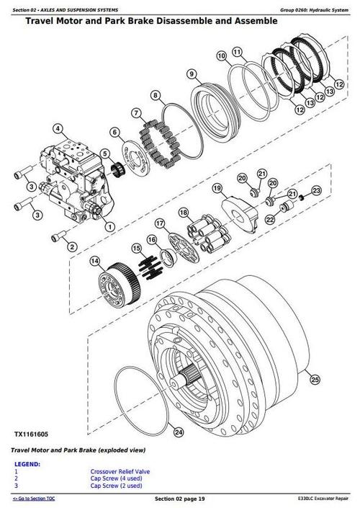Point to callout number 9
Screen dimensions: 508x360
192,73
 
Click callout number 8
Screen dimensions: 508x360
156,94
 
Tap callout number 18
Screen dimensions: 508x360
183,211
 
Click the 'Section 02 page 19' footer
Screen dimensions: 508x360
180,499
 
